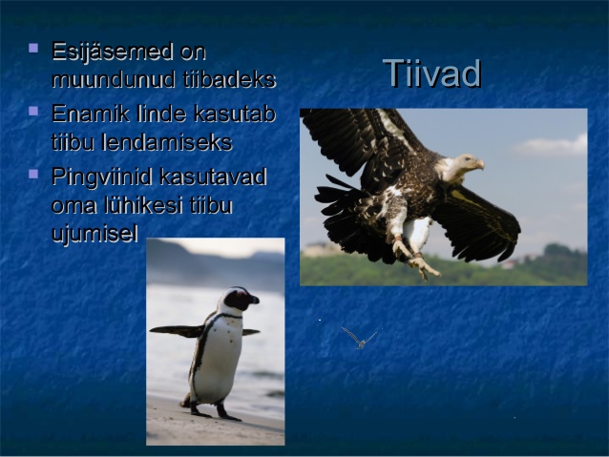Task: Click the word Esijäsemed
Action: pos(113,52)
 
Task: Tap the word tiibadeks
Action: pos(229,79)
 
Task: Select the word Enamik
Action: pos(91,114)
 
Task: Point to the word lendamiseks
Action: pos(167,142)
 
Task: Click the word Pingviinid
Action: pos(102,177)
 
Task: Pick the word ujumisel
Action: pos(94,234)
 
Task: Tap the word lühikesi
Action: pos(143,205)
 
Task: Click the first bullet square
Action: pos(33,48)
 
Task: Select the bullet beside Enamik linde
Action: pos(33,111)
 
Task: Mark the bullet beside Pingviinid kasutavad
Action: pos(33,174)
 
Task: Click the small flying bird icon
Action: pos(360,338)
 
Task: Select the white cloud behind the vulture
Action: pos(551,145)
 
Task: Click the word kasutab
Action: pos(235,114)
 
